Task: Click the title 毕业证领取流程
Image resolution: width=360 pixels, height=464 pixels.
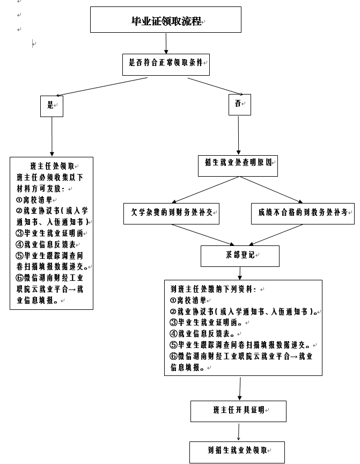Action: tap(166, 21)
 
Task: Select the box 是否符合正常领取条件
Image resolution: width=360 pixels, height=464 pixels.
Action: tap(166, 64)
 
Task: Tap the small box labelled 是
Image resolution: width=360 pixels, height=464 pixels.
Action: tap(52, 106)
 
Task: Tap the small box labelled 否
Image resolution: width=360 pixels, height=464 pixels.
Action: tap(240, 105)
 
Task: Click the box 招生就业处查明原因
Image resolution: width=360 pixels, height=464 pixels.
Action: tap(238, 166)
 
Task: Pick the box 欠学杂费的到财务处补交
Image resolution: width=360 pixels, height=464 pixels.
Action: tap(172, 214)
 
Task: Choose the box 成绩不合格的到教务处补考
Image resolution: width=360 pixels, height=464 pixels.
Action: tap(303, 214)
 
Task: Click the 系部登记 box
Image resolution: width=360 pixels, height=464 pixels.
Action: tap(240, 256)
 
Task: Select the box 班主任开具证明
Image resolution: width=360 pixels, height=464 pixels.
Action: tap(239, 411)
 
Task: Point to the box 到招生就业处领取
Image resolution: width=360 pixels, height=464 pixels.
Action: tap(237, 452)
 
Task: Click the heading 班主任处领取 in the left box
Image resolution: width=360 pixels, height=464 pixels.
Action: tap(52, 166)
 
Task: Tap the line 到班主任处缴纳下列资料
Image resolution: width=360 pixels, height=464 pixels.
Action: tap(213, 289)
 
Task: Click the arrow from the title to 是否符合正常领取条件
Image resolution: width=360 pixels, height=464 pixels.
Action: tap(166, 43)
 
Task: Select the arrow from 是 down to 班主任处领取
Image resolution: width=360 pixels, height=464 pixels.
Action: tap(52, 136)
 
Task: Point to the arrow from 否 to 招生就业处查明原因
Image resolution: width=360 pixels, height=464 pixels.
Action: tap(239, 135)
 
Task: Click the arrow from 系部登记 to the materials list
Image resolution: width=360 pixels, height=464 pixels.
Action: tap(240, 273)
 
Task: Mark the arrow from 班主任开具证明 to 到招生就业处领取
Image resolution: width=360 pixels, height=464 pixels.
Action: tap(239, 432)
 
